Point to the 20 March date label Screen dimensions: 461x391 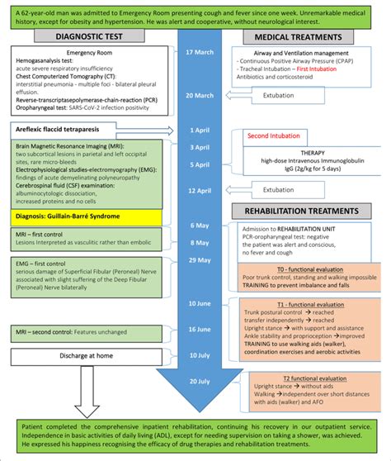(x=200, y=96)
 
